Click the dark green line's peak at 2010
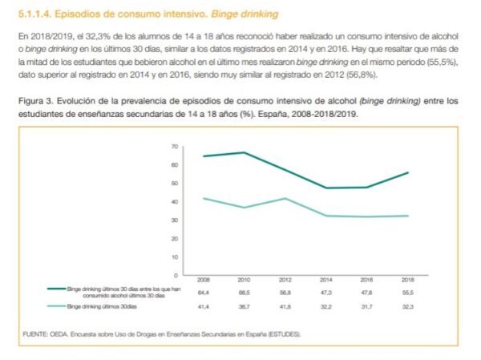[245, 152]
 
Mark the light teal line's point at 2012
[285, 198]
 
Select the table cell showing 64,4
[204, 293]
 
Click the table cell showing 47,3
[326, 293]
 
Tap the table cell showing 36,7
[245, 306]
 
